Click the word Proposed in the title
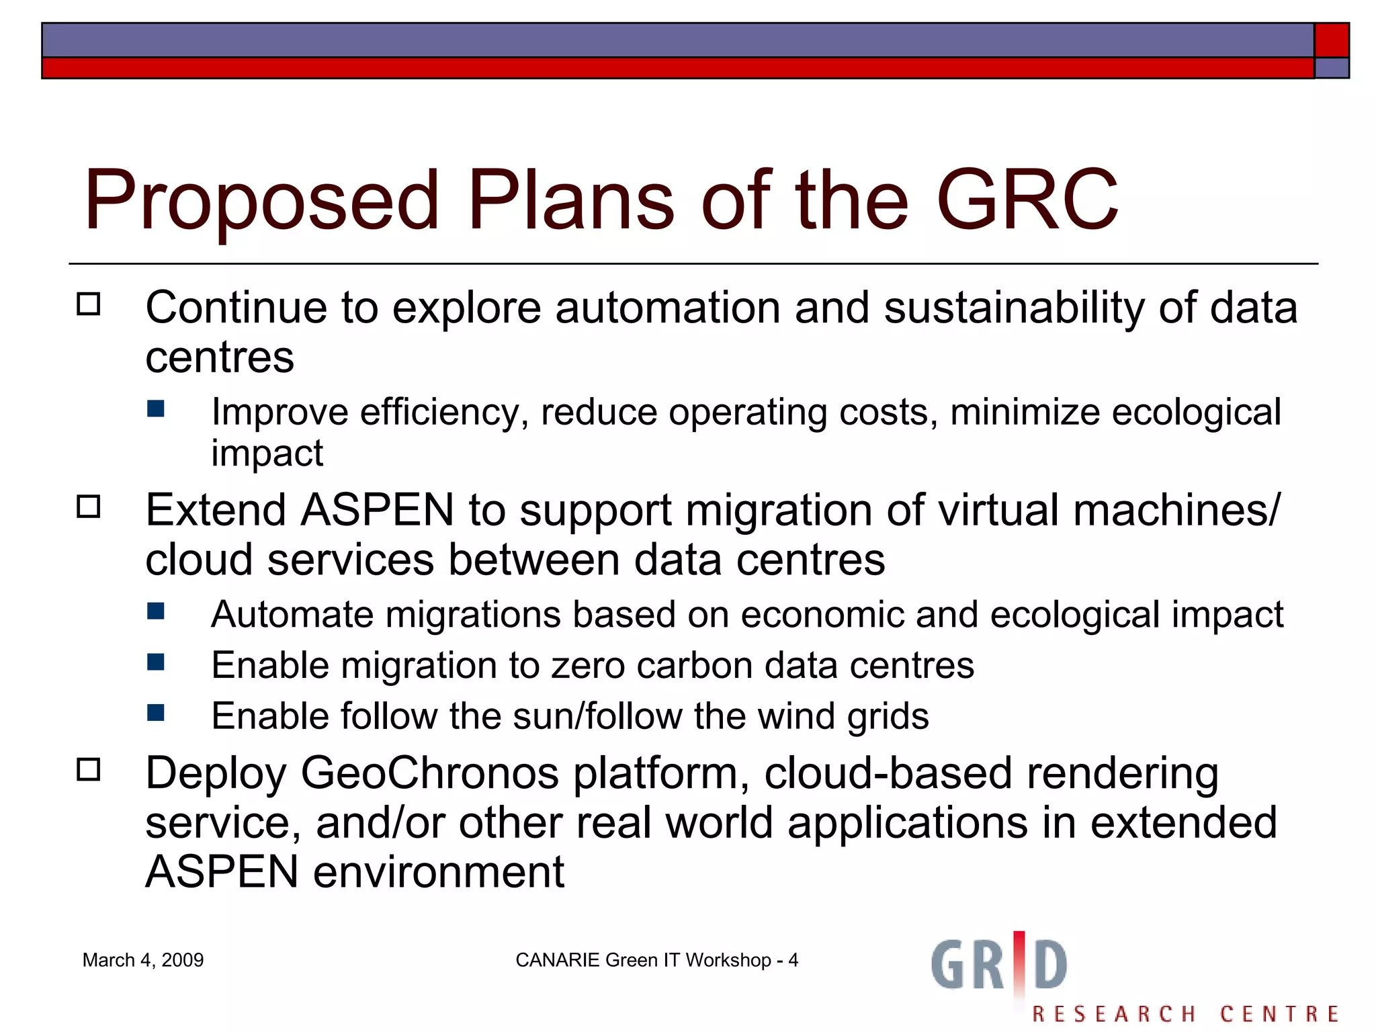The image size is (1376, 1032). click(262, 200)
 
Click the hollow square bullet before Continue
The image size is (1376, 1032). click(88, 304)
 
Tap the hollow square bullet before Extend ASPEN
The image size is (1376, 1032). click(88, 507)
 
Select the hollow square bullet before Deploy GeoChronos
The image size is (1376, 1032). click(88, 769)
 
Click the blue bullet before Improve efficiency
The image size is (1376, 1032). click(156, 409)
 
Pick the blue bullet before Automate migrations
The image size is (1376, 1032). click(156, 611)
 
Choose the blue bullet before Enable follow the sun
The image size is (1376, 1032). click(156, 712)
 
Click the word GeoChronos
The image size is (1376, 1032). click(430, 773)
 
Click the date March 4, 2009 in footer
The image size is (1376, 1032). click(143, 960)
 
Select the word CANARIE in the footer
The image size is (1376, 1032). click(557, 960)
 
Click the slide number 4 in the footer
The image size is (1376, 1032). click(793, 960)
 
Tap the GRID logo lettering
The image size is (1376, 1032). click(999, 965)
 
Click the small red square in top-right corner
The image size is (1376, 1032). click(1331, 40)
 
